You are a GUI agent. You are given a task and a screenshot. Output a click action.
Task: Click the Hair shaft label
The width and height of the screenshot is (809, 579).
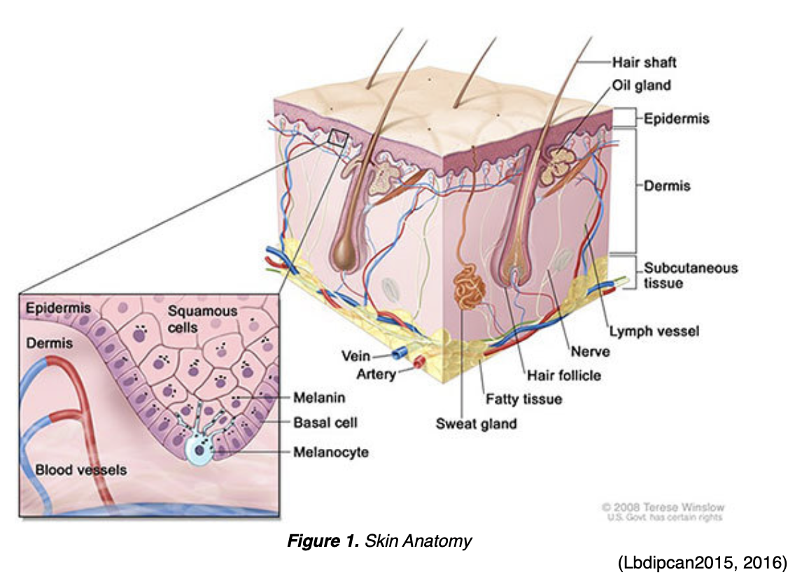point(644,62)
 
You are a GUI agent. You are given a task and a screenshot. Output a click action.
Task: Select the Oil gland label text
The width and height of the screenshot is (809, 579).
point(641,85)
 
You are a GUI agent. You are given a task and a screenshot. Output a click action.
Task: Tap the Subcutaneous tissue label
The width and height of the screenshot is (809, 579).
point(690,276)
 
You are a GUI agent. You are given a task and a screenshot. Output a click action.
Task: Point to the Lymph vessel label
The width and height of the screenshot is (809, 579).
point(653,330)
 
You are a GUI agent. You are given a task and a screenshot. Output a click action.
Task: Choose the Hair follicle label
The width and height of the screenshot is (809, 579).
point(563,376)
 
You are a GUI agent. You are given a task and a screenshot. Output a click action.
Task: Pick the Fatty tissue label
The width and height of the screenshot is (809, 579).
point(523,399)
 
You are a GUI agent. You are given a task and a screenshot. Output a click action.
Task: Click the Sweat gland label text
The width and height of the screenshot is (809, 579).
point(476,423)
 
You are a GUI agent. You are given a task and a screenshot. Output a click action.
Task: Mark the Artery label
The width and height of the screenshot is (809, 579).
point(377,375)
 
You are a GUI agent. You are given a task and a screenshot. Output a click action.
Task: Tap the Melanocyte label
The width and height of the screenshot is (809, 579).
point(330,452)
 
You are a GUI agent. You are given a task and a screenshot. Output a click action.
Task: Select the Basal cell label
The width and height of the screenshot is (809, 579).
point(325,423)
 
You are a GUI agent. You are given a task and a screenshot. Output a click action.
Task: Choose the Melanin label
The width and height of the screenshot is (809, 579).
point(320,398)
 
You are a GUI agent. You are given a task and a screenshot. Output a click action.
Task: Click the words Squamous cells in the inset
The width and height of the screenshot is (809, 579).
point(192,319)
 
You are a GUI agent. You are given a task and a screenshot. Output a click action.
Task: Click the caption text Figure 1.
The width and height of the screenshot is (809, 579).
point(324,541)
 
